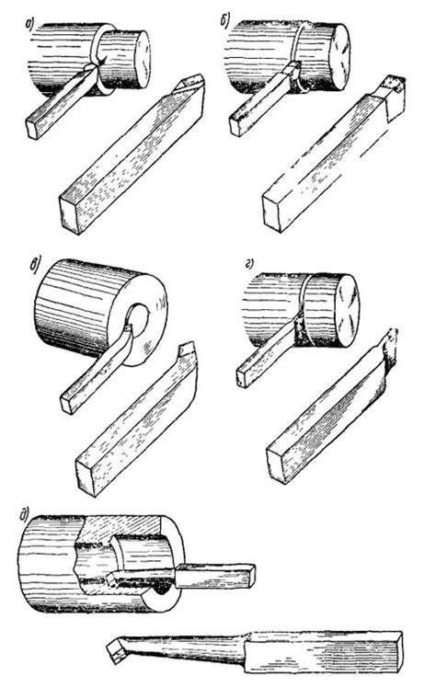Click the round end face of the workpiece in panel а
pyautogui.click(x=141, y=59)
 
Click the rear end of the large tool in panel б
pyautogui.click(x=273, y=213)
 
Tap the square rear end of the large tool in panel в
pyautogui.click(x=86, y=477)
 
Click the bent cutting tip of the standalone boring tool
pyautogui.click(x=117, y=652)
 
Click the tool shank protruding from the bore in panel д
pyautogui.click(x=216, y=575)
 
